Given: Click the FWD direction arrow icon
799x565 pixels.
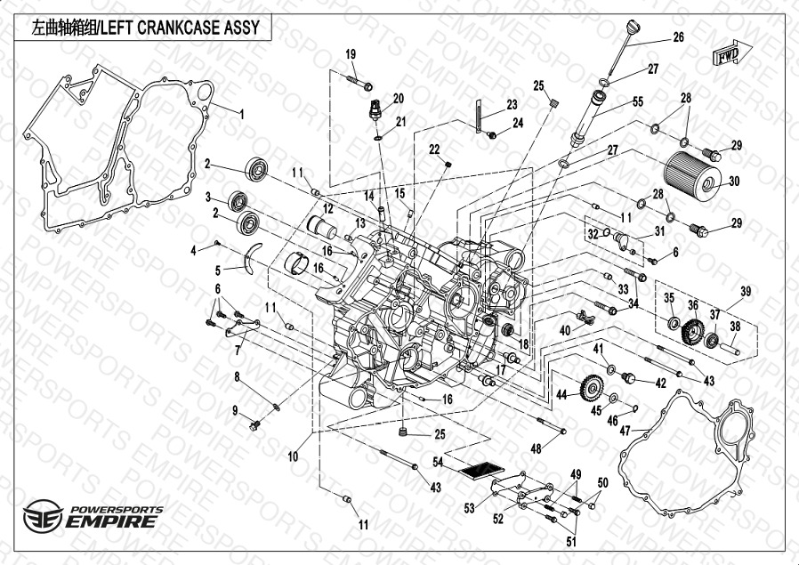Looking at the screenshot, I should (723, 54).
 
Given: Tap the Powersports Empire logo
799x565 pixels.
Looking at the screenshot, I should (93, 516).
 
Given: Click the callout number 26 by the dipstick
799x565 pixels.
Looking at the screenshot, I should (678, 37).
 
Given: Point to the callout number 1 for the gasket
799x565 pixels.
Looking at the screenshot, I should (239, 113).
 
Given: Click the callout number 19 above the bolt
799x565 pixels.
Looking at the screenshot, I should (350, 55).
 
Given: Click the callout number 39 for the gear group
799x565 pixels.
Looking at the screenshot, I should (746, 291).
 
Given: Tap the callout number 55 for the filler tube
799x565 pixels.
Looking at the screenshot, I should (637, 102).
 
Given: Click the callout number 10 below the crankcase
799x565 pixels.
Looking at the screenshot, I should (294, 456).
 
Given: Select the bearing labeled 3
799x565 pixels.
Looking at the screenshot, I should (239, 201).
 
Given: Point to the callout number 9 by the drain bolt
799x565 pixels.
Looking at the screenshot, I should (236, 410).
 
